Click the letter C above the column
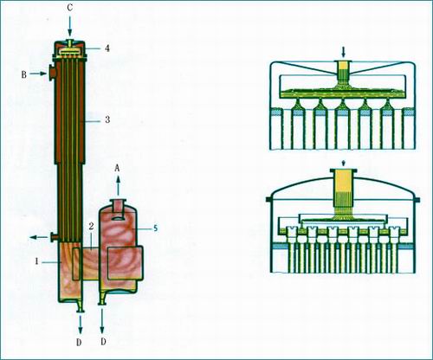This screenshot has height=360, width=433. click(70, 8)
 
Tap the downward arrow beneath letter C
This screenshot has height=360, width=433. click(69, 26)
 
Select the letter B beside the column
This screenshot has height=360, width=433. click(24, 74)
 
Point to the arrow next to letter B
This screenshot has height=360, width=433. click(38, 74)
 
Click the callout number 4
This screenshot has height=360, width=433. click(107, 48)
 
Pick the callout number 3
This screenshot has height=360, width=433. click(107, 119)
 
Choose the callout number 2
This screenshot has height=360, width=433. click(91, 227)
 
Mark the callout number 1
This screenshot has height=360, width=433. click(36, 261)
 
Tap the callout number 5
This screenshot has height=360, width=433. click(155, 228)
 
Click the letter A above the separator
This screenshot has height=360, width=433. click(117, 168)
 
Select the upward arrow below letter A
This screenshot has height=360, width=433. click(118, 186)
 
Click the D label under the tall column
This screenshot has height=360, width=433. click(79, 342)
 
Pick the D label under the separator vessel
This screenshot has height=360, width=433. click(103, 342)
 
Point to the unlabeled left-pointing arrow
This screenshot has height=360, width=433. click(39, 237)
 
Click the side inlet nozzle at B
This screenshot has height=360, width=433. click(52, 73)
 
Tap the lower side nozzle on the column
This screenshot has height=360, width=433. click(54, 237)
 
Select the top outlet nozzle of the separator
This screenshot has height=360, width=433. click(118, 206)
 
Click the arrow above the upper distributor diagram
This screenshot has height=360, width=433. click(343, 52)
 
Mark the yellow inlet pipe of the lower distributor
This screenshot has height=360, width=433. click(343, 192)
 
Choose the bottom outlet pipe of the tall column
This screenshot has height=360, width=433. click(79, 306)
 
